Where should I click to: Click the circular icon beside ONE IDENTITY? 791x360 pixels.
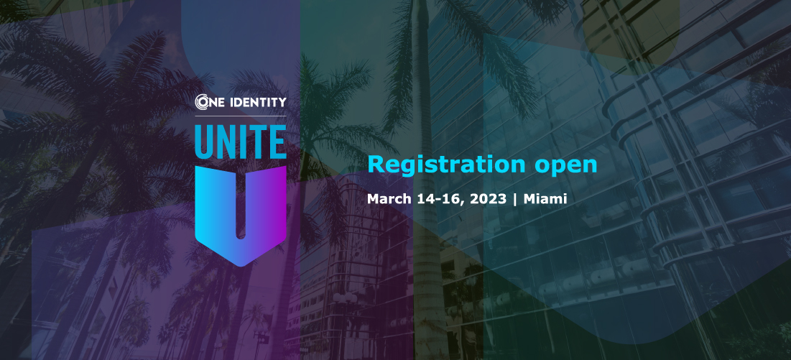(x=203, y=103)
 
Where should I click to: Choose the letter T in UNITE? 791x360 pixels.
(x=256, y=142)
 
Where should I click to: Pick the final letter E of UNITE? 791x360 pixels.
(x=277, y=142)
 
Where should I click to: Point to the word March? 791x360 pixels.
(x=387, y=199)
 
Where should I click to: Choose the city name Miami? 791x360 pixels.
(x=545, y=199)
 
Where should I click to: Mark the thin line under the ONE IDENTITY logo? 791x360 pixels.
(x=241, y=116)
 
